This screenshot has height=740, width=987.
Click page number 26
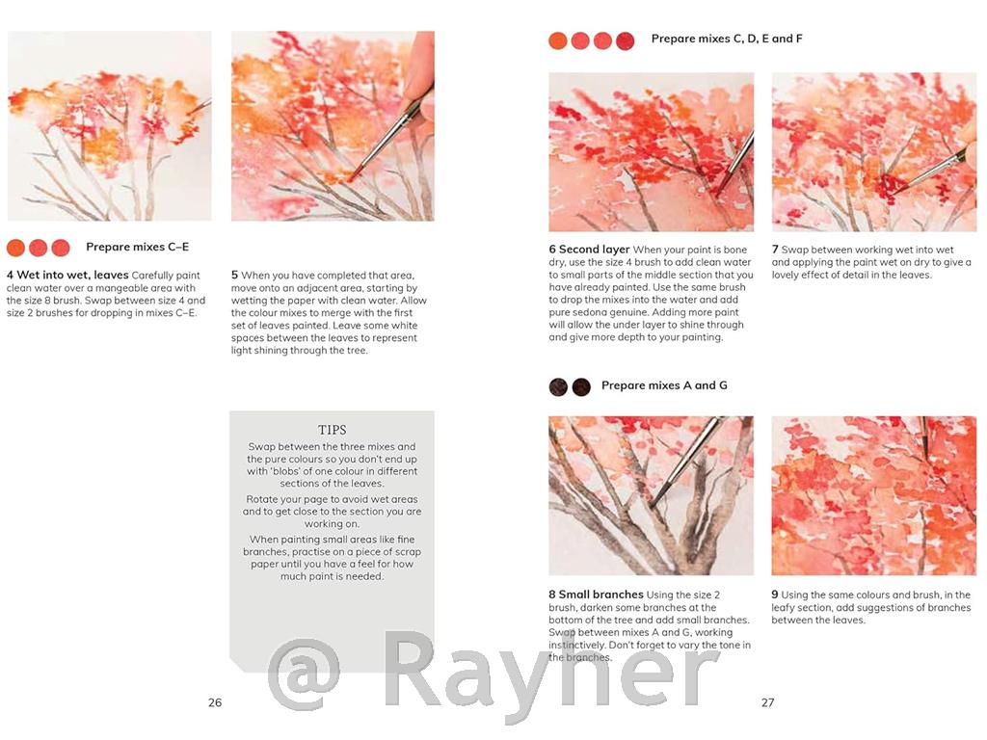click(x=215, y=702)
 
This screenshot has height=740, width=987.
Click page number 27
click(x=767, y=702)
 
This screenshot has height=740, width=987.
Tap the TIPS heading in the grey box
click(x=332, y=430)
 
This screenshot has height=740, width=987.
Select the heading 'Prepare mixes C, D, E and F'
click(x=727, y=40)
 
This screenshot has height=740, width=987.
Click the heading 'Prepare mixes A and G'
click(x=664, y=385)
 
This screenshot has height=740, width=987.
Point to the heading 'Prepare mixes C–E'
click(x=137, y=248)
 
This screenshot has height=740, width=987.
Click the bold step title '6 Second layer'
click(x=589, y=250)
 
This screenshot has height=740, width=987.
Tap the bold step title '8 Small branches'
click(x=595, y=595)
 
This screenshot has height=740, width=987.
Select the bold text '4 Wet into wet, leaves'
click(x=67, y=276)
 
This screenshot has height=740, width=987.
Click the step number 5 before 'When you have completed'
click(x=234, y=276)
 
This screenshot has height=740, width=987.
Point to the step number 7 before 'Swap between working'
click(x=775, y=250)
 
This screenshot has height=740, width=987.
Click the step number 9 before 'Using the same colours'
click(x=775, y=595)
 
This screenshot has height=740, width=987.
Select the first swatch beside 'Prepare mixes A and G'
click(x=558, y=386)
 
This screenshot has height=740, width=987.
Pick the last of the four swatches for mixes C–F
click(x=625, y=40)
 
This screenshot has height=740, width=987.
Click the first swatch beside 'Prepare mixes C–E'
click(x=15, y=248)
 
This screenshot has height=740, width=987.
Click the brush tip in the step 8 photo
click(x=653, y=503)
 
